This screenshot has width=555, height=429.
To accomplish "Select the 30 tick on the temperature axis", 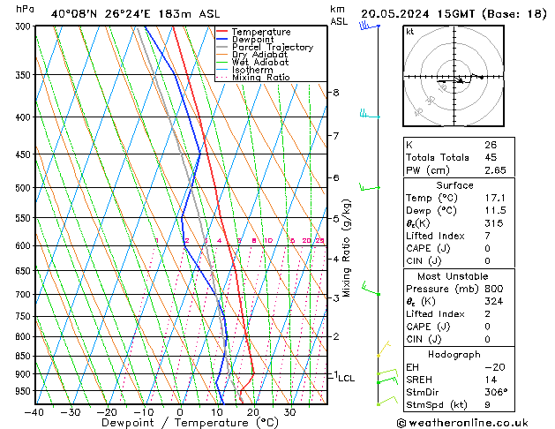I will (x=289, y=411).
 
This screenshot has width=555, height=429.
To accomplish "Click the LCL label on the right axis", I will (x=347, y=378).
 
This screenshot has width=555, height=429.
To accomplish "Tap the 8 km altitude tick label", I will (x=335, y=92).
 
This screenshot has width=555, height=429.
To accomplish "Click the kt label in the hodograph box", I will (x=410, y=31).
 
